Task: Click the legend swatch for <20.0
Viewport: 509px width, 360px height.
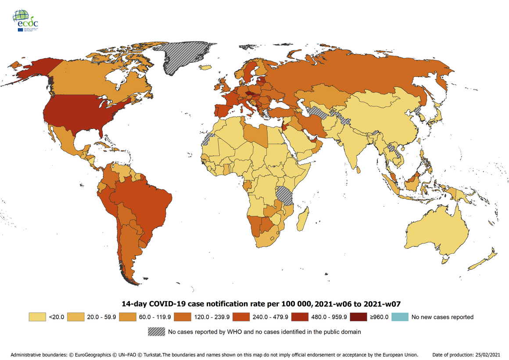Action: (37, 317)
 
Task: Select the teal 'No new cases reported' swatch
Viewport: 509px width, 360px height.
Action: (400, 317)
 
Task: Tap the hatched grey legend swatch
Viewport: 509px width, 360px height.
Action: (157, 331)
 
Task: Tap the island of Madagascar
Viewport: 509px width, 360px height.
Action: (302, 220)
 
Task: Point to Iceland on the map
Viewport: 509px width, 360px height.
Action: (205, 68)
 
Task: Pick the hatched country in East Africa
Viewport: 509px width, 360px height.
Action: (285, 195)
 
